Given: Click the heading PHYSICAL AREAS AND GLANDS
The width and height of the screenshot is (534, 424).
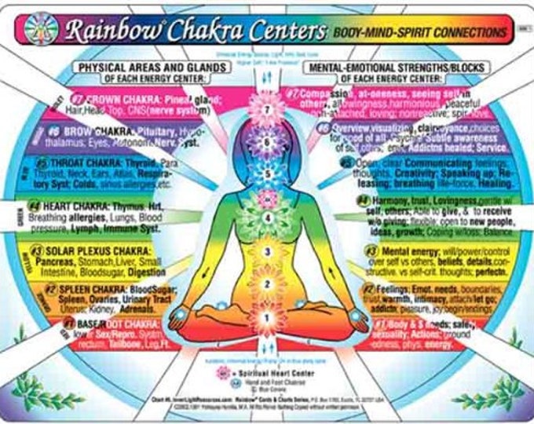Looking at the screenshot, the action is coord(153,68).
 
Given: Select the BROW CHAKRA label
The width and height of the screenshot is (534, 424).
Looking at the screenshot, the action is coord(103,130).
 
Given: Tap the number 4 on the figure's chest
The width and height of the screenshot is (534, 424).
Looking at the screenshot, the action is coord(266,217).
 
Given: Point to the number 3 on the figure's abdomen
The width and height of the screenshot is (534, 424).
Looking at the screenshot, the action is coord(266,252).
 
